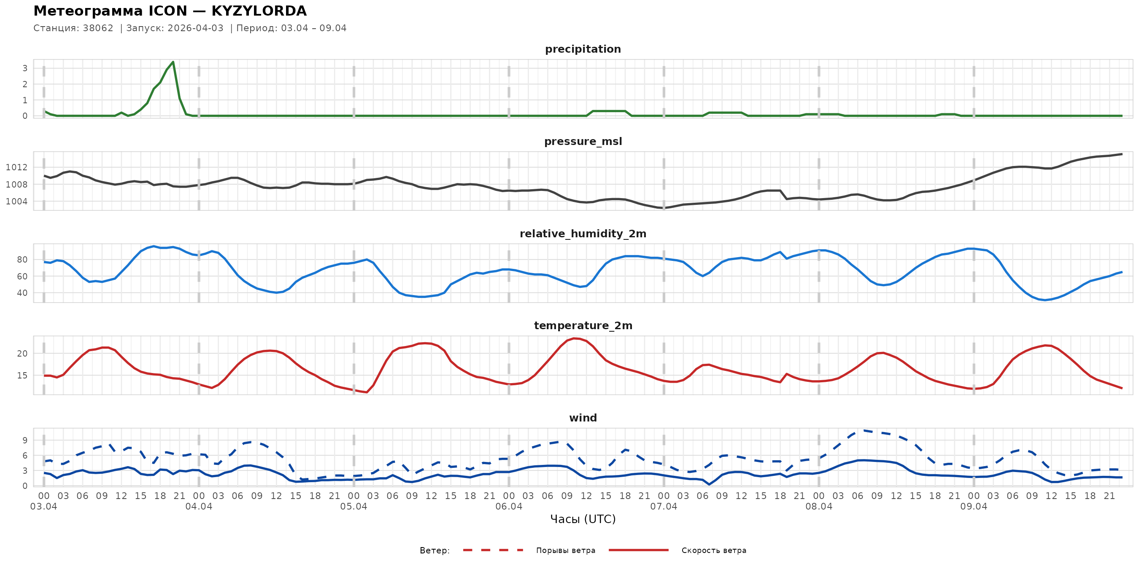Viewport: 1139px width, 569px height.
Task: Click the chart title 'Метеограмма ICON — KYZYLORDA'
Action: (170, 11)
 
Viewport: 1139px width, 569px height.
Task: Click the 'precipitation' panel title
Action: (583, 49)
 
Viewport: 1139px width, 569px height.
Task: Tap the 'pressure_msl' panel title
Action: (583, 141)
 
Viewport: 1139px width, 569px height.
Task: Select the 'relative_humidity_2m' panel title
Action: (583, 234)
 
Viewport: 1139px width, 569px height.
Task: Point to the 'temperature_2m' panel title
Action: (583, 325)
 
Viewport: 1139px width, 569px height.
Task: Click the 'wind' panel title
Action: (583, 418)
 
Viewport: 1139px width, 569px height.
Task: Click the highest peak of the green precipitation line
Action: (173, 62)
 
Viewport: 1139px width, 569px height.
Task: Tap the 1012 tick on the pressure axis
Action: (16, 167)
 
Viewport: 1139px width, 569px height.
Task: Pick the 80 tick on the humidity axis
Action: (22, 260)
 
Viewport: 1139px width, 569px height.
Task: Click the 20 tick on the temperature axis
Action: (22, 354)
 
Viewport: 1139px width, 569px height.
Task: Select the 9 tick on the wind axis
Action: (25, 440)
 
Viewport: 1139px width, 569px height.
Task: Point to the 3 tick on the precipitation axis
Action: (25, 68)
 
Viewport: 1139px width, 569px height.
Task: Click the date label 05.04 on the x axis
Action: (354, 507)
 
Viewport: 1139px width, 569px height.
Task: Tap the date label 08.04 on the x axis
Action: (818, 507)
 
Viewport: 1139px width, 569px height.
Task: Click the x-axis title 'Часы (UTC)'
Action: (583, 519)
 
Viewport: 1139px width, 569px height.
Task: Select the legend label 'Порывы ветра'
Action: (566, 550)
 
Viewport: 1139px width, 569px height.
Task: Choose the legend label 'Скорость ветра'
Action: (714, 550)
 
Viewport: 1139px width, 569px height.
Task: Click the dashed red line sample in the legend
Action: (493, 550)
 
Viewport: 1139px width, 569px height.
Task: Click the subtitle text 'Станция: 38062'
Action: (73, 28)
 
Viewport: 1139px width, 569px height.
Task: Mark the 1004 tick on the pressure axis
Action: (16, 201)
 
